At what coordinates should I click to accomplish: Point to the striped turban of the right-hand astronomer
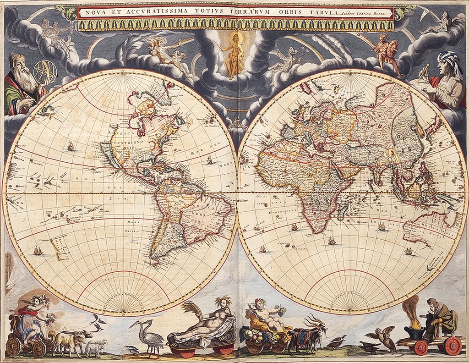(x=445, y=60)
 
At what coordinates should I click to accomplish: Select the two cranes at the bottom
(x=147, y=336)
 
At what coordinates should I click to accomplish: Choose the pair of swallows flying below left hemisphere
(x=98, y=322)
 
